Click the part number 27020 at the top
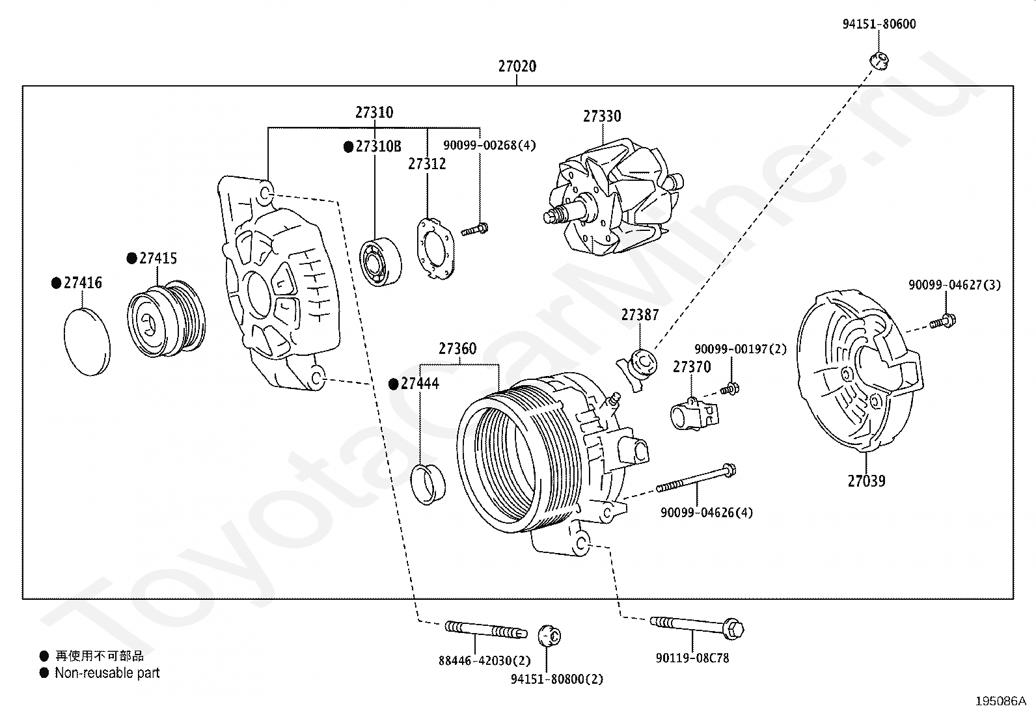(x=517, y=66)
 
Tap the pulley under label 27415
(x=166, y=318)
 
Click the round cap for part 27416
(x=87, y=342)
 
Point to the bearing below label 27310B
(x=381, y=262)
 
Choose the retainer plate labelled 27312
(x=435, y=249)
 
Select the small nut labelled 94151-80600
(x=879, y=61)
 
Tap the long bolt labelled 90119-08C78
(x=697, y=627)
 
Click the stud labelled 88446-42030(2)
(x=485, y=629)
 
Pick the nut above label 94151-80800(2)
(x=549, y=636)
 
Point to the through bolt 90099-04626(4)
(x=696, y=479)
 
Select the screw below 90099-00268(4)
(x=474, y=230)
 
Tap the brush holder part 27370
(x=694, y=414)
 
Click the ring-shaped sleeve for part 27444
(x=428, y=484)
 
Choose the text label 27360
(x=457, y=348)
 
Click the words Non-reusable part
(x=107, y=673)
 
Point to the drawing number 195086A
(x=1000, y=701)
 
